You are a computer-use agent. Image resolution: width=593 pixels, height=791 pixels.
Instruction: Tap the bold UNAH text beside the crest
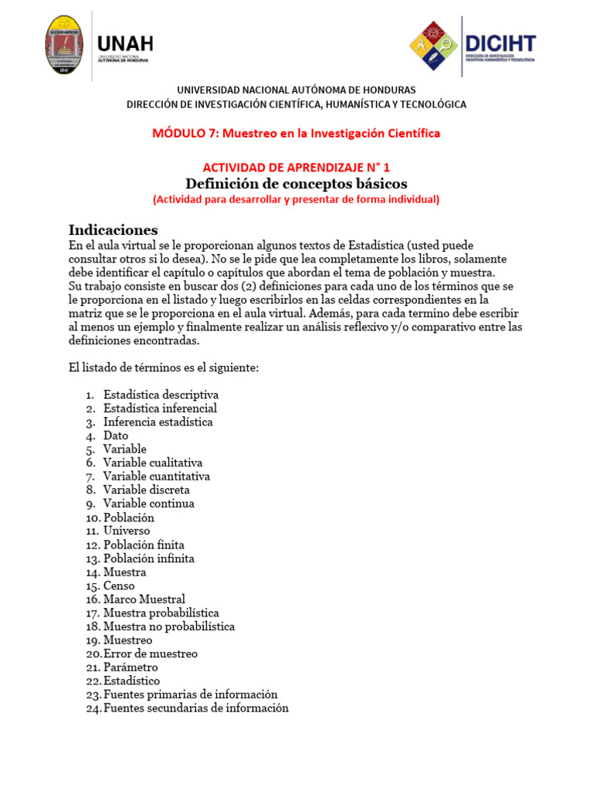[125, 42]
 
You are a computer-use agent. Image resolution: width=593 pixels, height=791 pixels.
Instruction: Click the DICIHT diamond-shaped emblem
[433, 46]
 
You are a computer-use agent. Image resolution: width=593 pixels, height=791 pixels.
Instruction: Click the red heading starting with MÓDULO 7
[296, 133]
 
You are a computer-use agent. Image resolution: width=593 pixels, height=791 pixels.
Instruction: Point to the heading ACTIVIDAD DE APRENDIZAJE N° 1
[296, 167]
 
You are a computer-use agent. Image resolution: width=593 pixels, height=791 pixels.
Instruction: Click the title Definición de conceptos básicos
[296, 183]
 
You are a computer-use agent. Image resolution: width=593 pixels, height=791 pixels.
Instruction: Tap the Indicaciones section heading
[113, 229]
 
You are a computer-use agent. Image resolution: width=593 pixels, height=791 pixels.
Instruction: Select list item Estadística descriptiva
[161, 395]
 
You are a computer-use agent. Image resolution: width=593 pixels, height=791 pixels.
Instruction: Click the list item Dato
[116, 436]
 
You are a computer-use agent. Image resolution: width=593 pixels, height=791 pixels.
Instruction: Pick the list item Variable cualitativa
[153, 463]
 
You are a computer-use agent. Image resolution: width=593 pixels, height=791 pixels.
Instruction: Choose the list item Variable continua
[148, 504]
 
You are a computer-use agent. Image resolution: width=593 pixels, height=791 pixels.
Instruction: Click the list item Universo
[127, 531]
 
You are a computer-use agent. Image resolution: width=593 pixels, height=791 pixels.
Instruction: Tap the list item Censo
[119, 586]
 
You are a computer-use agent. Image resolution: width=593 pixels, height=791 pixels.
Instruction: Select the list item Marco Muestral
[144, 599]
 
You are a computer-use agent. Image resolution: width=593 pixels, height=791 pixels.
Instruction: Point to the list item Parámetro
[130, 667]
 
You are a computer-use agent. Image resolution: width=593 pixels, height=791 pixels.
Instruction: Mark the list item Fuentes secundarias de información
[195, 708]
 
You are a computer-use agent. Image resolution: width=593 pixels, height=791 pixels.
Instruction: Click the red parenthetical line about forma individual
[296, 199]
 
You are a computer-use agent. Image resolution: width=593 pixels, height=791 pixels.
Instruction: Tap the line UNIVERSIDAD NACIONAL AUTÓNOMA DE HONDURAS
[296, 90]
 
